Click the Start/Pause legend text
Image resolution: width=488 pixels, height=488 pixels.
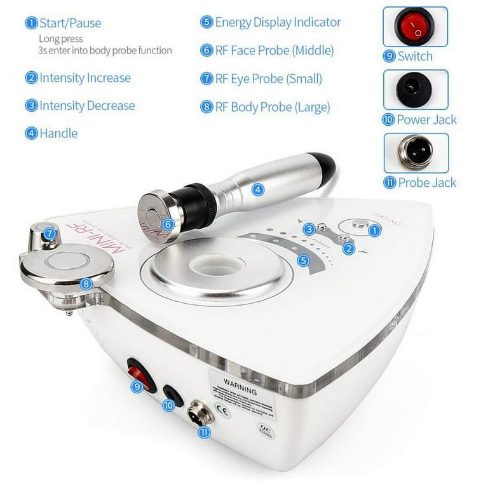(70, 24)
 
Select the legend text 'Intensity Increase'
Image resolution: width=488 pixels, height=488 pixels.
(85, 78)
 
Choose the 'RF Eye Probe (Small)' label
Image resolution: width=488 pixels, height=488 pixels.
(268, 79)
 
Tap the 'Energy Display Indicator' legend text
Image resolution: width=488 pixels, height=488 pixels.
(278, 22)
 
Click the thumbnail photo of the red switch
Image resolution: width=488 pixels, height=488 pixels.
(415, 27)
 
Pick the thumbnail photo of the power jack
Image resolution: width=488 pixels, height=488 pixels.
(415, 90)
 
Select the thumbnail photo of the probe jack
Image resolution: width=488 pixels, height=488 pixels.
(415, 152)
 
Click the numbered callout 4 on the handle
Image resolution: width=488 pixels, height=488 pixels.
(257, 189)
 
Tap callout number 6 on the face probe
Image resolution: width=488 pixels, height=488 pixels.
(168, 223)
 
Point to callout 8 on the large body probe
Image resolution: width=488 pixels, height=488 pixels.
(86, 284)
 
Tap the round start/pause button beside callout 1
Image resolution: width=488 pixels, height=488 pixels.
(359, 224)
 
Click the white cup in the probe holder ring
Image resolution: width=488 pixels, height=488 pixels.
(216, 264)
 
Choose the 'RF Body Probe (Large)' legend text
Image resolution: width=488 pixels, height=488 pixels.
(272, 107)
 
